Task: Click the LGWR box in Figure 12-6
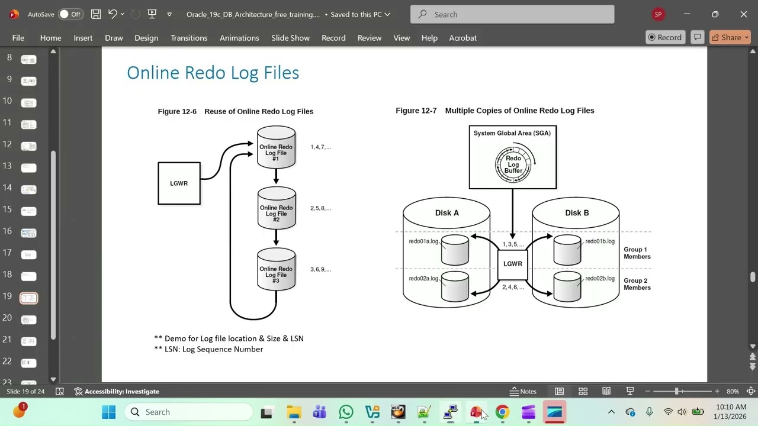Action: [179, 183]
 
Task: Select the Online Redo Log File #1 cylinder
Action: [276, 148]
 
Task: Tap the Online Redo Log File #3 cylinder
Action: [276, 270]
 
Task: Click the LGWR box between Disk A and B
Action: [512, 264]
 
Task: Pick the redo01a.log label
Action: [423, 241]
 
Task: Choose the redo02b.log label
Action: [600, 279]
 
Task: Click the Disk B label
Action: [577, 213]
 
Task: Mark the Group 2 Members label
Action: [637, 284]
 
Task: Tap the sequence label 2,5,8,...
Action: [320, 208]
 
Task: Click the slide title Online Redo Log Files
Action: [213, 73]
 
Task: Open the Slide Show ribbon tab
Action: [290, 38]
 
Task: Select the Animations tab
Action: [239, 38]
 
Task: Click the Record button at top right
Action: [665, 37]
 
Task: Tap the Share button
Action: [730, 37]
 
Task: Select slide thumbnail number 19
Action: [29, 298]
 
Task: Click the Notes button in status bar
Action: [523, 391]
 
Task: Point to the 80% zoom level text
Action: [733, 391]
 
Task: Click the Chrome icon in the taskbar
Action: [502, 412]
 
